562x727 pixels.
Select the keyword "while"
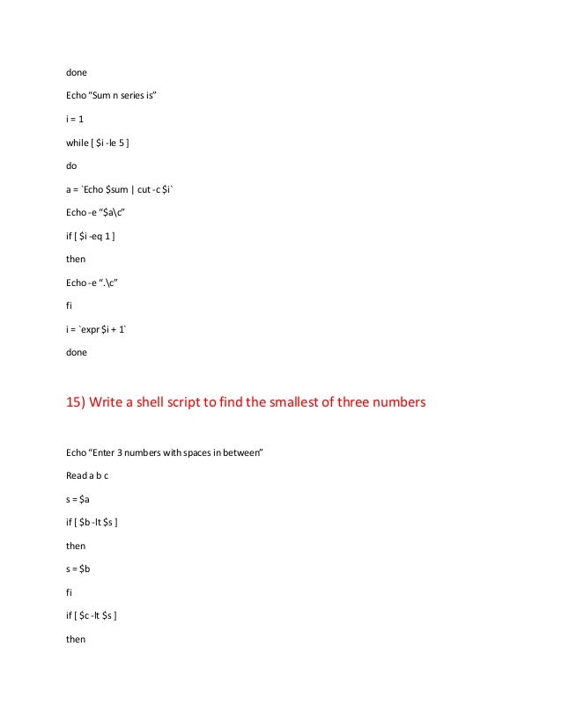(x=78, y=141)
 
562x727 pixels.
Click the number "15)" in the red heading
(x=79, y=402)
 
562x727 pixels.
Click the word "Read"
(x=77, y=475)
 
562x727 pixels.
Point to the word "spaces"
(x=182, y=452)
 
